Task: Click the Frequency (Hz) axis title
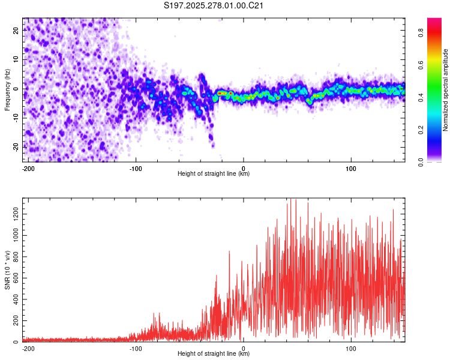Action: (x=7, y=90)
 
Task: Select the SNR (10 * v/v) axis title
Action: (x=7, y=271)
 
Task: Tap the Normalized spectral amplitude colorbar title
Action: (x=446, y=90)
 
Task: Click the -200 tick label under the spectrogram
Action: (x=27, y=167)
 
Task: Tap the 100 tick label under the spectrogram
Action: (x=351, y=167)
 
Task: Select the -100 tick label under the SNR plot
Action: (x=136, y=347)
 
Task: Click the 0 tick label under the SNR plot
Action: (x=244, y=347)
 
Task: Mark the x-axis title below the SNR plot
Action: (x=214, y=354)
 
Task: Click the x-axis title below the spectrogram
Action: (x=214, y=174)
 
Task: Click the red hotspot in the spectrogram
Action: (x=223, y=93)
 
